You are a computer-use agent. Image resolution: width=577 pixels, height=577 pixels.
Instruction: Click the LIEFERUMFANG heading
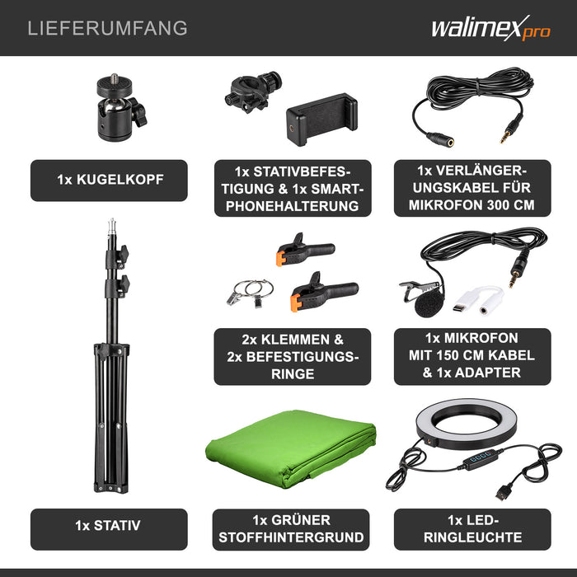click(x=107, y=28)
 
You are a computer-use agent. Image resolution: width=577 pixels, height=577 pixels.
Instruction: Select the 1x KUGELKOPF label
click(x=109, y=180)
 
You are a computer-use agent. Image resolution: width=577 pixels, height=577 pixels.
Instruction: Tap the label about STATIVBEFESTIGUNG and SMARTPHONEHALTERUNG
click(x=293, y=188)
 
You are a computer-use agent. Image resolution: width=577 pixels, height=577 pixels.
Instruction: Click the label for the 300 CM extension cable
click(x=472, y=188)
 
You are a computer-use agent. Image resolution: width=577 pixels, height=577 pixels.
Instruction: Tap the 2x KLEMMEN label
click(x=293, y=356)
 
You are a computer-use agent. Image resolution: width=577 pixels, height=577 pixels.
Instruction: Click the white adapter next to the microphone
click(x=476, y=299)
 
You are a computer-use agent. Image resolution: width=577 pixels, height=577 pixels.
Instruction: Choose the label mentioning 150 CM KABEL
click(x=472, y=356)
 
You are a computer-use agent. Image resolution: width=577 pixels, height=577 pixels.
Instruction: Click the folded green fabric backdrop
click(x=290, y=449)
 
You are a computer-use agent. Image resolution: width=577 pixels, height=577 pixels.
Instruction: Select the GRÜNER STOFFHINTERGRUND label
click(x=293, y=528)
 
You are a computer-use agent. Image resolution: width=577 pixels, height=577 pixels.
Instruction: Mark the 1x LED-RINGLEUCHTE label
click(x=472, y=528)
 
